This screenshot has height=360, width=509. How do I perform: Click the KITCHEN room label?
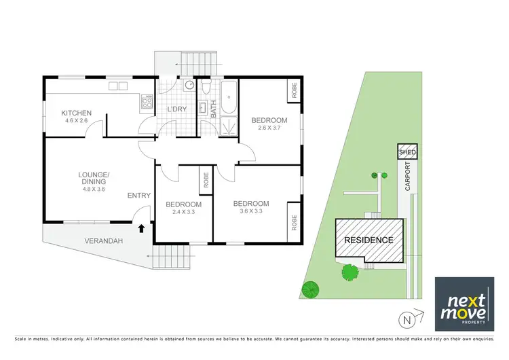76,113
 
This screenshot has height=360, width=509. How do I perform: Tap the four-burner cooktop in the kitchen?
147,103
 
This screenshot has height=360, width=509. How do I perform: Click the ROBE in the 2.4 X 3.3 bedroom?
204,180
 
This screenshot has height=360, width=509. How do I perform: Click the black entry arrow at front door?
141,229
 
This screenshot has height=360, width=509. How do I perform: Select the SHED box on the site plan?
407,152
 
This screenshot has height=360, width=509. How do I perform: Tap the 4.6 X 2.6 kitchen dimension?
76,121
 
